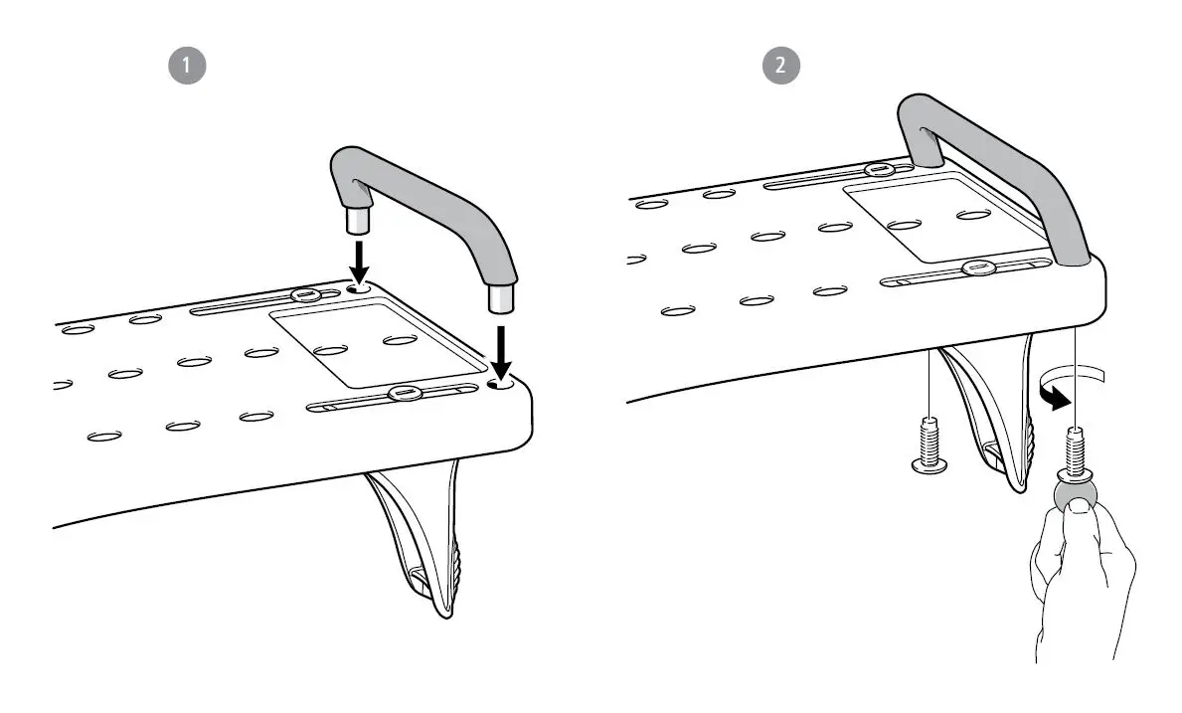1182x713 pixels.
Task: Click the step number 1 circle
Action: (x=189, y=66)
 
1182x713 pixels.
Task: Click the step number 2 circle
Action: (x=781, y=66)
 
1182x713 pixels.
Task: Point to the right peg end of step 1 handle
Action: (x=498, y=298)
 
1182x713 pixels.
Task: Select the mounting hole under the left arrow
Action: (x=360, y=287)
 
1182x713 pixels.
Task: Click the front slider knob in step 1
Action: (x=404, y=393)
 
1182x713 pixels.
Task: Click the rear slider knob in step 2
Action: (x=878, y=169)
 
